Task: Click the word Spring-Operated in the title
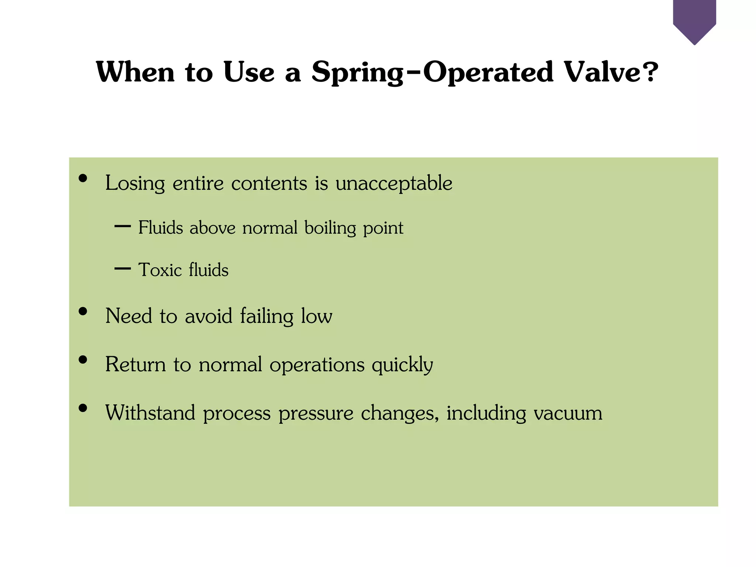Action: pyautogui.click(x=432, y=72)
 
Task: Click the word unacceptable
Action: pyautogui.click(x=394, y=183)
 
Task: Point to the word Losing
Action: pyautogui.click(x=135, y=183)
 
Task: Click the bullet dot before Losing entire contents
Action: pyautogui.click(x=83, y=178)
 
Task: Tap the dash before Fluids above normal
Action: pyautogui.click(x=123, y=226)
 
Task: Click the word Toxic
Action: pyautogui.click(x=160, y=270)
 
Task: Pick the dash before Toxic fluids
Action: pyautogui.click(x=123, y=268)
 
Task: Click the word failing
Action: pyautogui.click(x=267, y=316)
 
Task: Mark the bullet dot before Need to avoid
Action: pyautogui.click(x=83, y=311)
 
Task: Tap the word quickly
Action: pyautogui.click(x=402, y=365)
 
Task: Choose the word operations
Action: pyautogui.click(x=317, y=365)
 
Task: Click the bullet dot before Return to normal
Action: pyautogui.click(x=83, y=360)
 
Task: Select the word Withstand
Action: pyautogui.click(x=150, y=413)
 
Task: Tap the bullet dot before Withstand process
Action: pyautogui.click(x=83, y=408)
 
